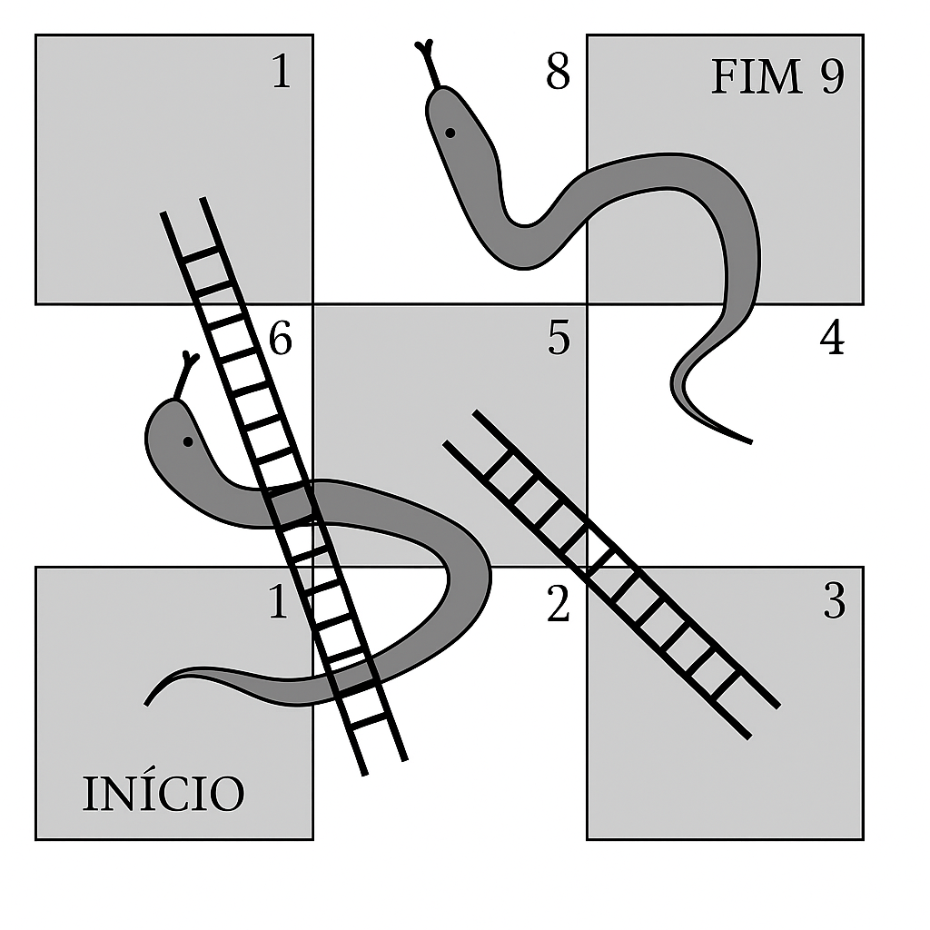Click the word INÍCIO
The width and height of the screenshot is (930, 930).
coord(163,793)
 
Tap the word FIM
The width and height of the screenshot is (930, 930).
coord(757,78)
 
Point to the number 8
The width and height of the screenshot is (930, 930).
coord(558,74)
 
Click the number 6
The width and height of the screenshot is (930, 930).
coord(282,341)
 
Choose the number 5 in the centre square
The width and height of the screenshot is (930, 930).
coord(559,339)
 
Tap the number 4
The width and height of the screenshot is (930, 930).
coord(832,339)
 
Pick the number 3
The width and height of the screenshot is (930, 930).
coord(834,602)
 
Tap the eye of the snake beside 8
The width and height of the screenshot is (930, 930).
coord(450,134)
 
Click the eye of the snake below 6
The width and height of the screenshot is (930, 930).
coord(187,442)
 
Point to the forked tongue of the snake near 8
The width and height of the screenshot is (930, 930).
coord(426,56)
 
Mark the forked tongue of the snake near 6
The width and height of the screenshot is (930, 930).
coord(188,366)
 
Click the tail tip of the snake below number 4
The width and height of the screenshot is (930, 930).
coord(749,441)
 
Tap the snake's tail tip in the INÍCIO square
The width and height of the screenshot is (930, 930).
coord(148,702)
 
